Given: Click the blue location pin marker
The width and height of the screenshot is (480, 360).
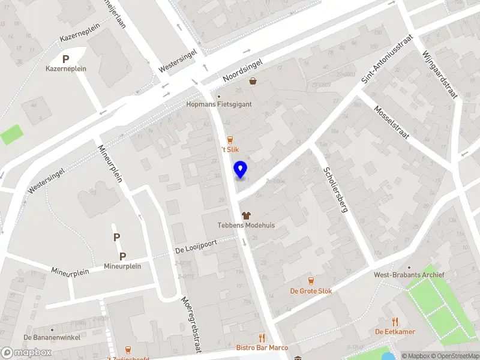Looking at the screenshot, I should pos(241,170).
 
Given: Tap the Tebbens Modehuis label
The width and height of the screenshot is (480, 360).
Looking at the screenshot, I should pos(246,225).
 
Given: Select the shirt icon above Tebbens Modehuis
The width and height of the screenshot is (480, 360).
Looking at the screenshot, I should pos(246,215).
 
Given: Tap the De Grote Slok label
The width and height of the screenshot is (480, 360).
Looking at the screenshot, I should pos(311,291).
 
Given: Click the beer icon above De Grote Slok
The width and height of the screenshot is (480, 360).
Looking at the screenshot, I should pos(311,280).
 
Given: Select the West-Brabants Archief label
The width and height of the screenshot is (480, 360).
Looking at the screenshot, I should pos(409,275).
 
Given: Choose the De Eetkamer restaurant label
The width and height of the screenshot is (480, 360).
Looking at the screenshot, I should pos(395,332).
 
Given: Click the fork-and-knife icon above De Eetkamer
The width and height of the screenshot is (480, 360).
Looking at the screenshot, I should pos(395,322).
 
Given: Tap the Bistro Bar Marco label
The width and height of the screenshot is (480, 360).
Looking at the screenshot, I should pos(262,347).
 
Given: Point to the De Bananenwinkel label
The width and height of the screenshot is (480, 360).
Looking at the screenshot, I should pos(52,337).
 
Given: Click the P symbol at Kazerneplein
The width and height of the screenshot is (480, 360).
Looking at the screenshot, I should pos(66,59).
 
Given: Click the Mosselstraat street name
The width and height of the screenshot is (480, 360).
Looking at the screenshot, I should pos(391,122).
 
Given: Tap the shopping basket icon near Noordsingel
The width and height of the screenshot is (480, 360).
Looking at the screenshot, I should pos(253,81).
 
